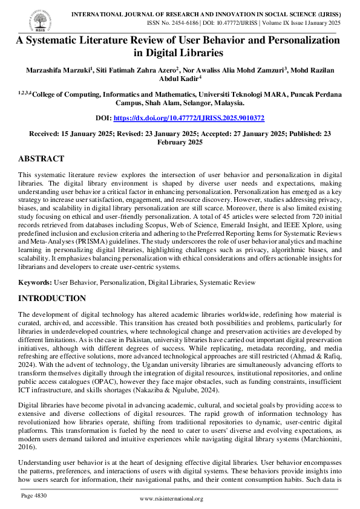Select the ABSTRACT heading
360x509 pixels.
pos(41,159)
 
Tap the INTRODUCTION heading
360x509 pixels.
pos(52,298)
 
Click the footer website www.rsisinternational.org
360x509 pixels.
pos(179,499)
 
